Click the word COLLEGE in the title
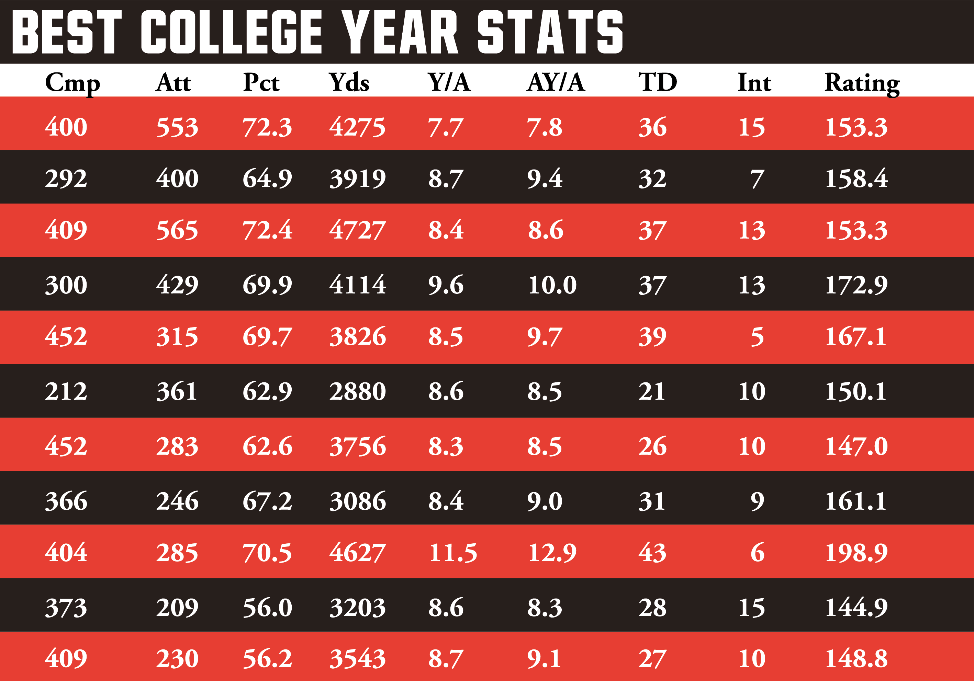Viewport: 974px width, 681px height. tap(231, 32)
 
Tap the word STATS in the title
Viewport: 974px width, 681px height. tap(550, 32)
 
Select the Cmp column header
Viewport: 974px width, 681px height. tap(72, 83)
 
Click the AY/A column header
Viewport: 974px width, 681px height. tap(556, 82)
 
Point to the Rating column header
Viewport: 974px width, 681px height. tap(862, 83)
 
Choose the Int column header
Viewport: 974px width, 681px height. tap(754, 82)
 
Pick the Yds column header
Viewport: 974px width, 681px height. tap(349, 82)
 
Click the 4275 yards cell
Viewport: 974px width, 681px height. tap(357, 127)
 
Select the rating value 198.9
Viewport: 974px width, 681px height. tap(856, 553)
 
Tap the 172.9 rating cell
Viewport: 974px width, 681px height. tap(856, 285)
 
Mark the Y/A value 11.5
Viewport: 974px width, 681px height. tap(452, 553)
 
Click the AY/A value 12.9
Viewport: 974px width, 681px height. tap(552, 553)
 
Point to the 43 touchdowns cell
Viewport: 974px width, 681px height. tap(652, 553)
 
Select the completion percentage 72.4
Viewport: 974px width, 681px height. tap(267, 230)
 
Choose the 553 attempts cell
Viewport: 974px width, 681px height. tap(177, 127)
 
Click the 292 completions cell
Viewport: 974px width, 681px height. tap(66, 178)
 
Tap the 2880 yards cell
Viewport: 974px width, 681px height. tap(357, 391)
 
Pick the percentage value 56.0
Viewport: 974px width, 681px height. tap(267, 608)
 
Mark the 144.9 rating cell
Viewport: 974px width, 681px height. tap(856, 608)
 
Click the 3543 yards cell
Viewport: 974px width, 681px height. tap(357, 659)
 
